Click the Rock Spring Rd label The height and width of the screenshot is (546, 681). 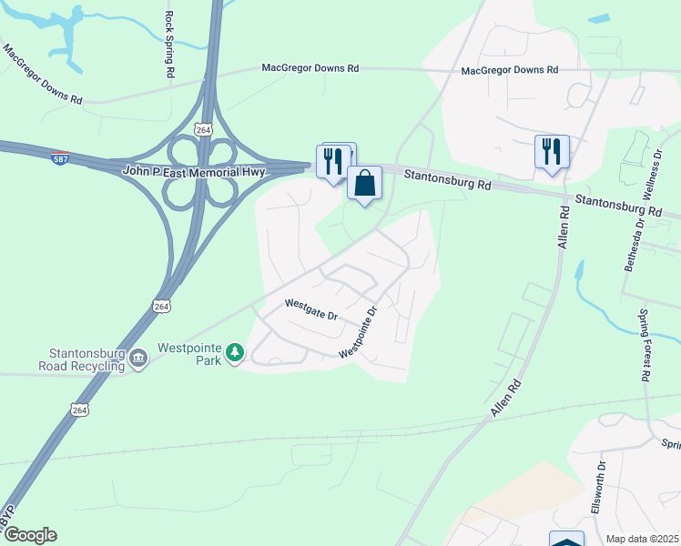coord(169,43)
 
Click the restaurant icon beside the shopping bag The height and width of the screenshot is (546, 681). coord(333,160)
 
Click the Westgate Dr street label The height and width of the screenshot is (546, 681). coord(310,309)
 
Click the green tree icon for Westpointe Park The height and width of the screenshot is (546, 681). coord(235,351)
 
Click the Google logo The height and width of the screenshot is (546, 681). coord(29,535)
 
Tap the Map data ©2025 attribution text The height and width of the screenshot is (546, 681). coord(642,539)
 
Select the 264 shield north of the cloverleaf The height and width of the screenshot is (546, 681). coord(204,131)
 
